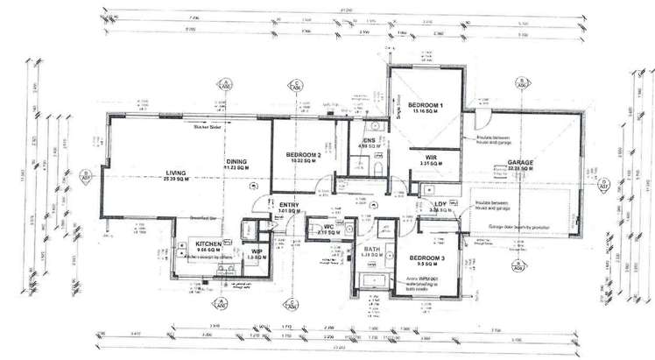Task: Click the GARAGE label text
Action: tap(521, 163)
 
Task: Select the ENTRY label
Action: tap(290, 206)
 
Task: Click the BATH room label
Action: tap(371, 250)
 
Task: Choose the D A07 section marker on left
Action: tap(86, 175)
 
